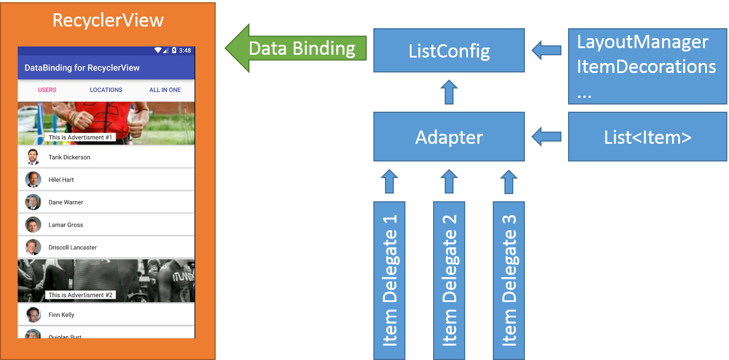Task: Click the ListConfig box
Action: click(449, 51)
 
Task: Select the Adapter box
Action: click(449, 137)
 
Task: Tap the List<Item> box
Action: click(647, 137)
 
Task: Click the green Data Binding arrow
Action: click(296, 48)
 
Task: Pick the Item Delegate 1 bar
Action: click(389, 280)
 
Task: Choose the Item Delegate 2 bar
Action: click(449, 280)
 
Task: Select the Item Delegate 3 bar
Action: click(509, 280)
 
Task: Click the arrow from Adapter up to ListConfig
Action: click(449, 92)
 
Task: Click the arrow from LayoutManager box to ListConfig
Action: click(546, 51)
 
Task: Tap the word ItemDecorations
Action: click(646, 67)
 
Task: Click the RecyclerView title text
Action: click(108, 20)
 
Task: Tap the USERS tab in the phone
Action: click(47, 90)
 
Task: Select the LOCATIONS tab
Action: click(106, 90)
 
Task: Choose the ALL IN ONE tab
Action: click(165, 90)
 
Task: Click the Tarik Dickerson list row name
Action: click(69, 157)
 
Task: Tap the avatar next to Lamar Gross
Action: click(33, 225)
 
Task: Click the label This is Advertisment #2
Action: click(81, 295)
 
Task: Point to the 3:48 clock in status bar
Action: click(185, 50)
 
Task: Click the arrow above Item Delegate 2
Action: click(449, 181)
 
